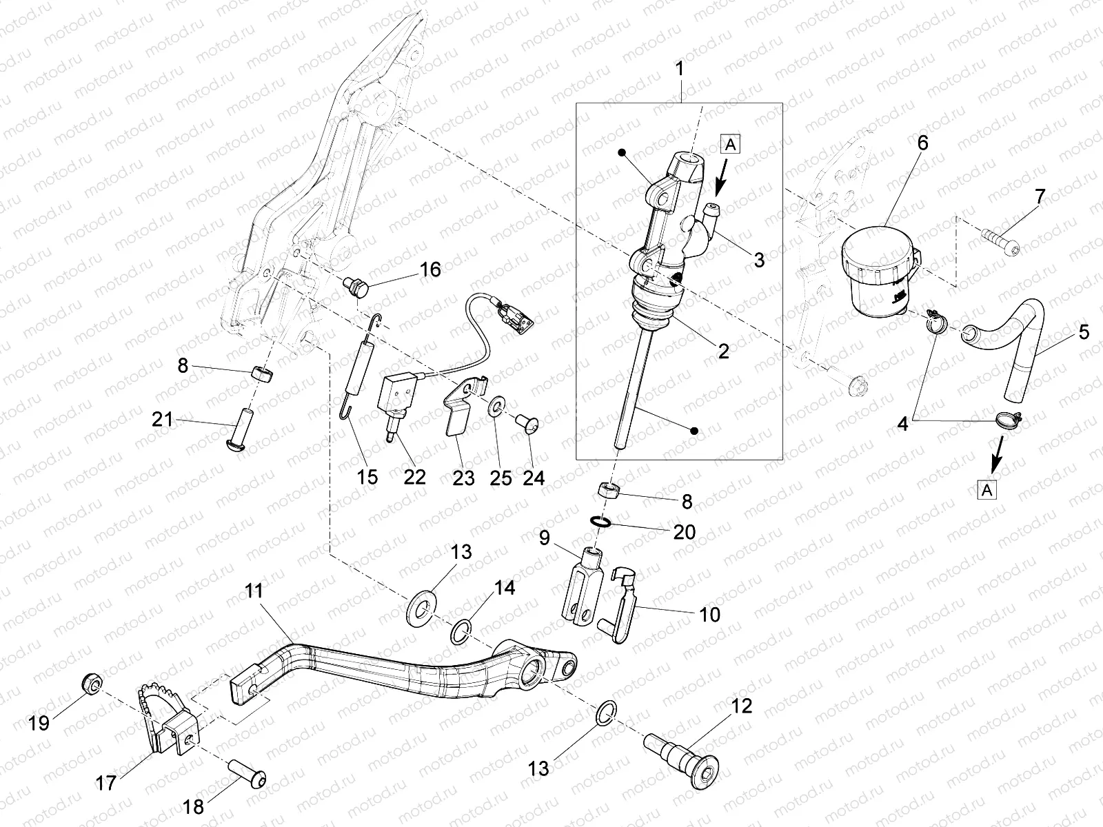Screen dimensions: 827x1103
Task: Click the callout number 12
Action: (x=738, y=706)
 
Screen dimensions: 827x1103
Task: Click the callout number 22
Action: (x=415, y=477)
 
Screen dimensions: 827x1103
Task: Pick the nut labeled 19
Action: (x=91, y=684)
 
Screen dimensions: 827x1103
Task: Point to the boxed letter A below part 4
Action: (x=987, y=490)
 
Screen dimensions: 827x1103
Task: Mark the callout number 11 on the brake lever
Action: (x=254, y=591)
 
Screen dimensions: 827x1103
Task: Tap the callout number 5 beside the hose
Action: (x=1084, y=332)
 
